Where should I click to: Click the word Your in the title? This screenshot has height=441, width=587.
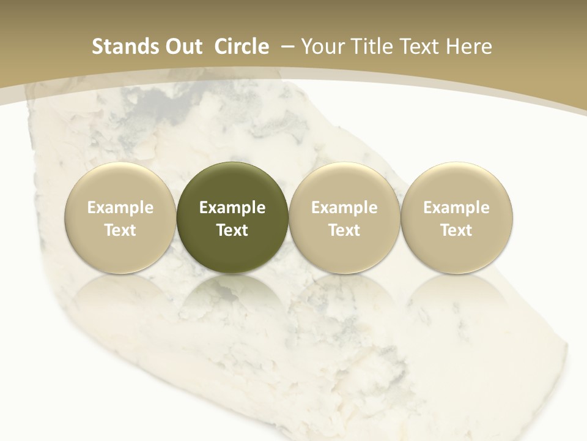321,47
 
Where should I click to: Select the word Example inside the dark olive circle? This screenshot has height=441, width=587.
232,208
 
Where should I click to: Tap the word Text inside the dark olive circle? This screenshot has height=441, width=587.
232,230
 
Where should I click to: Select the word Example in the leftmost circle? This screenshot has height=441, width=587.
120,208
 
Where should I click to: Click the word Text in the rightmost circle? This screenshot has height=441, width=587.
456,230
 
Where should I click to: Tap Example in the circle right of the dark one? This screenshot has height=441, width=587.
344,208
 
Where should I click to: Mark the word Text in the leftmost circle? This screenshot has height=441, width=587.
120,230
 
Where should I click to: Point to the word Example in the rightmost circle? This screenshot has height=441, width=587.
456,208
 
